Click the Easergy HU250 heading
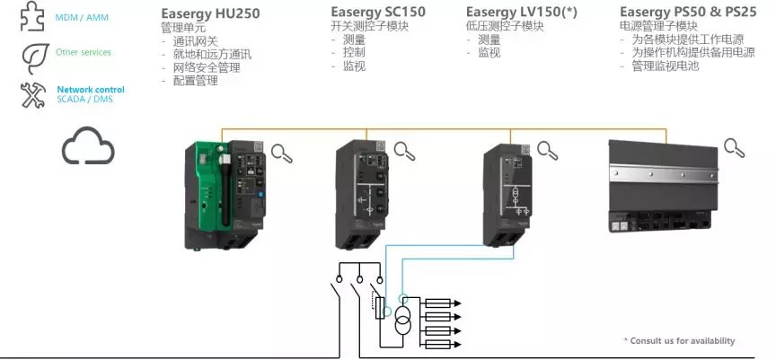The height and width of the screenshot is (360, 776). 210,13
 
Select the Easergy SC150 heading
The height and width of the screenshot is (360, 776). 378,12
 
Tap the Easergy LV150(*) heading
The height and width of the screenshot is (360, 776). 519,12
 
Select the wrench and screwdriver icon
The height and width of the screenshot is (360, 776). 34,94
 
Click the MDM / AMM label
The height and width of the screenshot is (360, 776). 76,16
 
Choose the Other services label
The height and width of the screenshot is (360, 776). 84,52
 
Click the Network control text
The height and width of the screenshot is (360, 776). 91,89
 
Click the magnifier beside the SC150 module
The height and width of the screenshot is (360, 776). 404,151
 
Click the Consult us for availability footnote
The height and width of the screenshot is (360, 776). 679,340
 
